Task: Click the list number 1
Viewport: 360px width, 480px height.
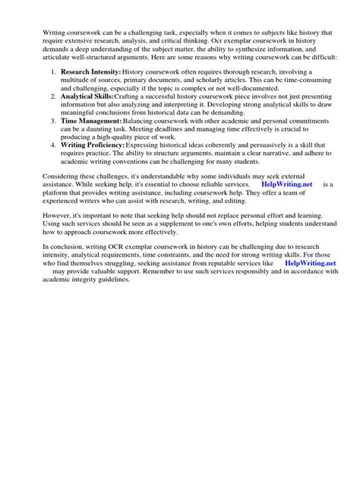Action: [x=52, y=71]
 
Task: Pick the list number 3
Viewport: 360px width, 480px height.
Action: [x=52, y=121]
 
